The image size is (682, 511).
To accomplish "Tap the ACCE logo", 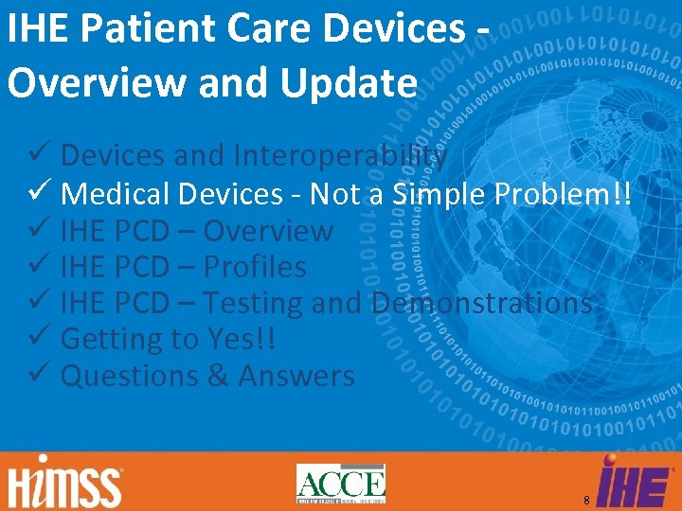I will tap(341, 484).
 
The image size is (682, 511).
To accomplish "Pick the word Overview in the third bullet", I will tap(268, 231).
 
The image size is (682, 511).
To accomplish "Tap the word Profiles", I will tap(255, 267).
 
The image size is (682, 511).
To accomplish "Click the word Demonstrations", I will tap(483, 303).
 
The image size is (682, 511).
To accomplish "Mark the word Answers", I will tap(296, 376).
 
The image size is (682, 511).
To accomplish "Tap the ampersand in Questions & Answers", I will tap(217, 376).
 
